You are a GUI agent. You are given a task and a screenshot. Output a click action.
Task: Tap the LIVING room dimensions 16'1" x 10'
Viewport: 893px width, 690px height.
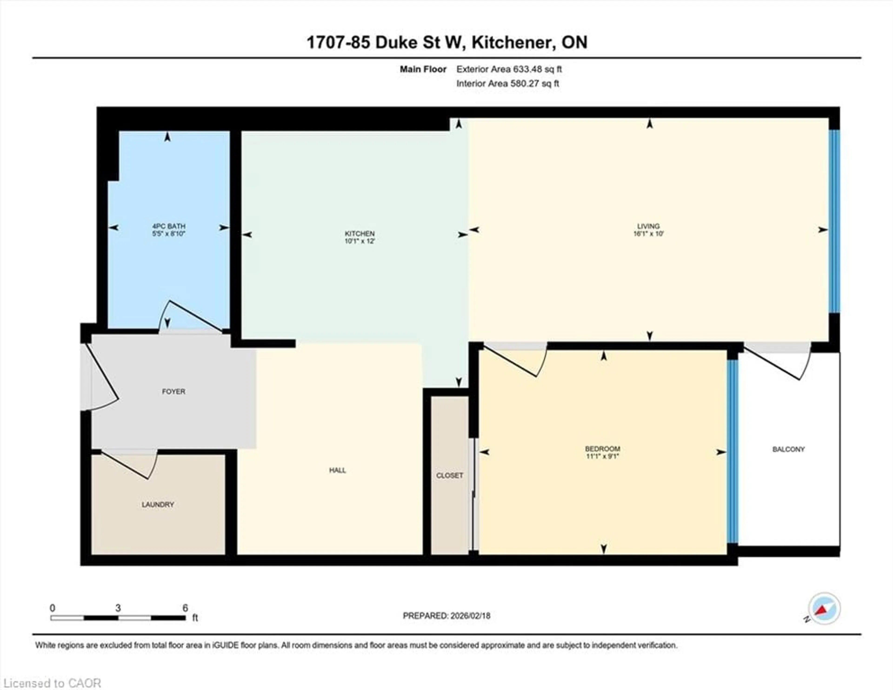coord(649,234)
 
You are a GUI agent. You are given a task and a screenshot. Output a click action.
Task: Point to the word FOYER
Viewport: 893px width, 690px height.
coord(173,391)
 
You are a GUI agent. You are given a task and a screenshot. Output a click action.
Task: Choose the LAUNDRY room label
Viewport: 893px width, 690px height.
coord(158,505)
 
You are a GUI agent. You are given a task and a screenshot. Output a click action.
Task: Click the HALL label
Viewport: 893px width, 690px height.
coord(337,470)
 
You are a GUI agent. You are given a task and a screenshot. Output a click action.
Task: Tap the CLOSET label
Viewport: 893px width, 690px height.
coord(449,476)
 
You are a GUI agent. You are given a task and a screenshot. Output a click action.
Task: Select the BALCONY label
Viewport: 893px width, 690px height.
coord(788,449)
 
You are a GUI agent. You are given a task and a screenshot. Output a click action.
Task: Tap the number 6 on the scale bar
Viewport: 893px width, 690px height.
coord(185,608)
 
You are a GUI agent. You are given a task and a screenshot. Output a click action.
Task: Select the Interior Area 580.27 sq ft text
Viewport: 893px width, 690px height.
coord(507,84)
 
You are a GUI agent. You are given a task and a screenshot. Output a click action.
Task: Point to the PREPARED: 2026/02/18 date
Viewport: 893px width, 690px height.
coord(446,616)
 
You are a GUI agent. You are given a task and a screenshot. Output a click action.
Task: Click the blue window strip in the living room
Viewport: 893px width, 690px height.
coord(834,221)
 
